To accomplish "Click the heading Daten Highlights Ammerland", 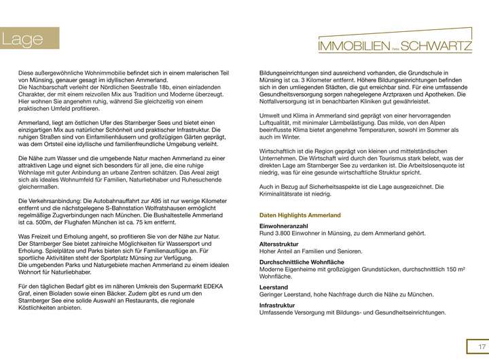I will point(300,215).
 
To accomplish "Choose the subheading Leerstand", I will point(274,287).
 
